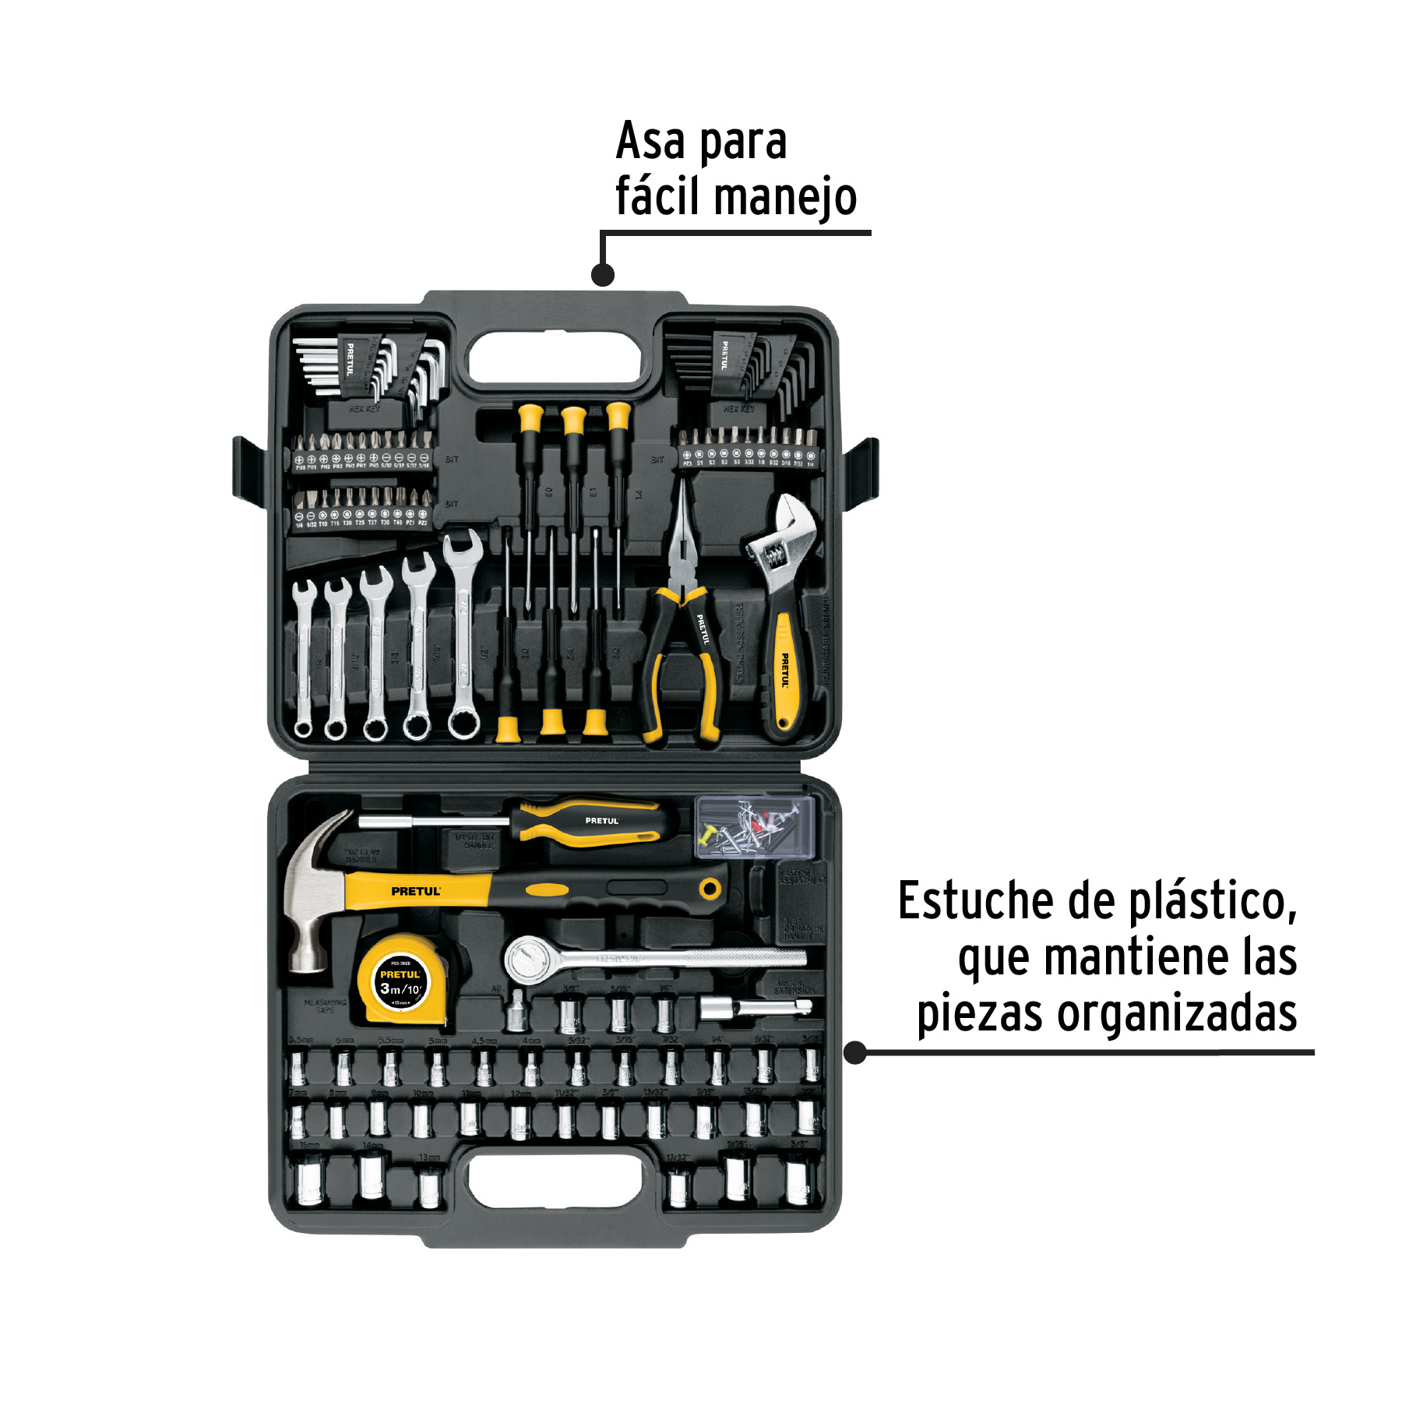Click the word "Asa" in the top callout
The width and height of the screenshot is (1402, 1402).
coord(650,143)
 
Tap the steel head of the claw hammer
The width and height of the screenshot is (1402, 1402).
coord(312,896)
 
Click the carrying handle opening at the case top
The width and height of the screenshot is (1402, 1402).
coord(555,358)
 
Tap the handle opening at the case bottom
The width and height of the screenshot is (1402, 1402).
coord(555,1181)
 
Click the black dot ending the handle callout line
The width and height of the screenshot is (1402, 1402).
coord(603,274)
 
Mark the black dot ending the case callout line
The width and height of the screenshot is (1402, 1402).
coord(855,1053)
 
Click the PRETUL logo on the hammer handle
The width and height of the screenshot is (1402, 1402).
coord(416,891)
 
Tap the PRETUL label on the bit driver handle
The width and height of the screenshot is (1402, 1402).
coord(601,821)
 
